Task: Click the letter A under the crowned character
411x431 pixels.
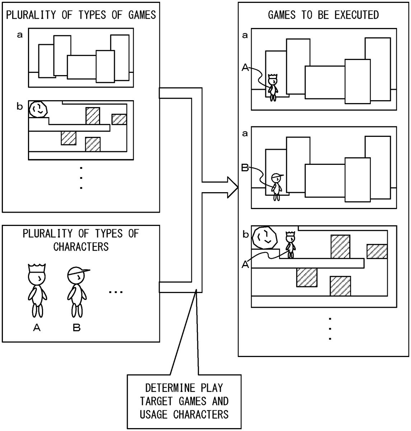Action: [37, 328]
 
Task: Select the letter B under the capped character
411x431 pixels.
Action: [76, 328]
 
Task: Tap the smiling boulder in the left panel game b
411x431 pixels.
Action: [38, 109]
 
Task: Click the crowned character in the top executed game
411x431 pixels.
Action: [273, 87]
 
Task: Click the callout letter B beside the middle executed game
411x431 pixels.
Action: [245, 168]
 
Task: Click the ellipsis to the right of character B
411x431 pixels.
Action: [116, 292]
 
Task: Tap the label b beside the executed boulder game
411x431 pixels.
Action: [246, 235]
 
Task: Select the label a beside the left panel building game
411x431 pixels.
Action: [20, 35]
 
